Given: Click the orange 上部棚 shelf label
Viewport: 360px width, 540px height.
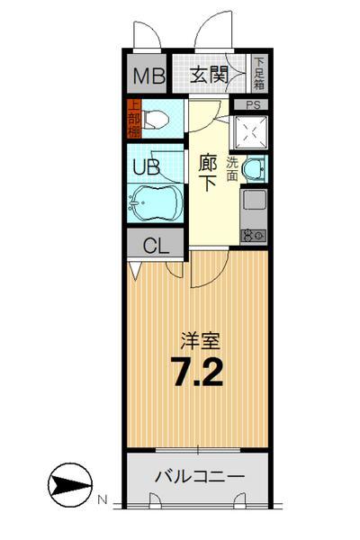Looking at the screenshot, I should pyautogui.click(x=131, y=118).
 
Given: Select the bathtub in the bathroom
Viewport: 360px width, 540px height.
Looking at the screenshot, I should pyautogui.click(x=154, y=203).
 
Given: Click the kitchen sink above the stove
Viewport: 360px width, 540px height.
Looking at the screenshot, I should pyautogui.click(x=253, y=202).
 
